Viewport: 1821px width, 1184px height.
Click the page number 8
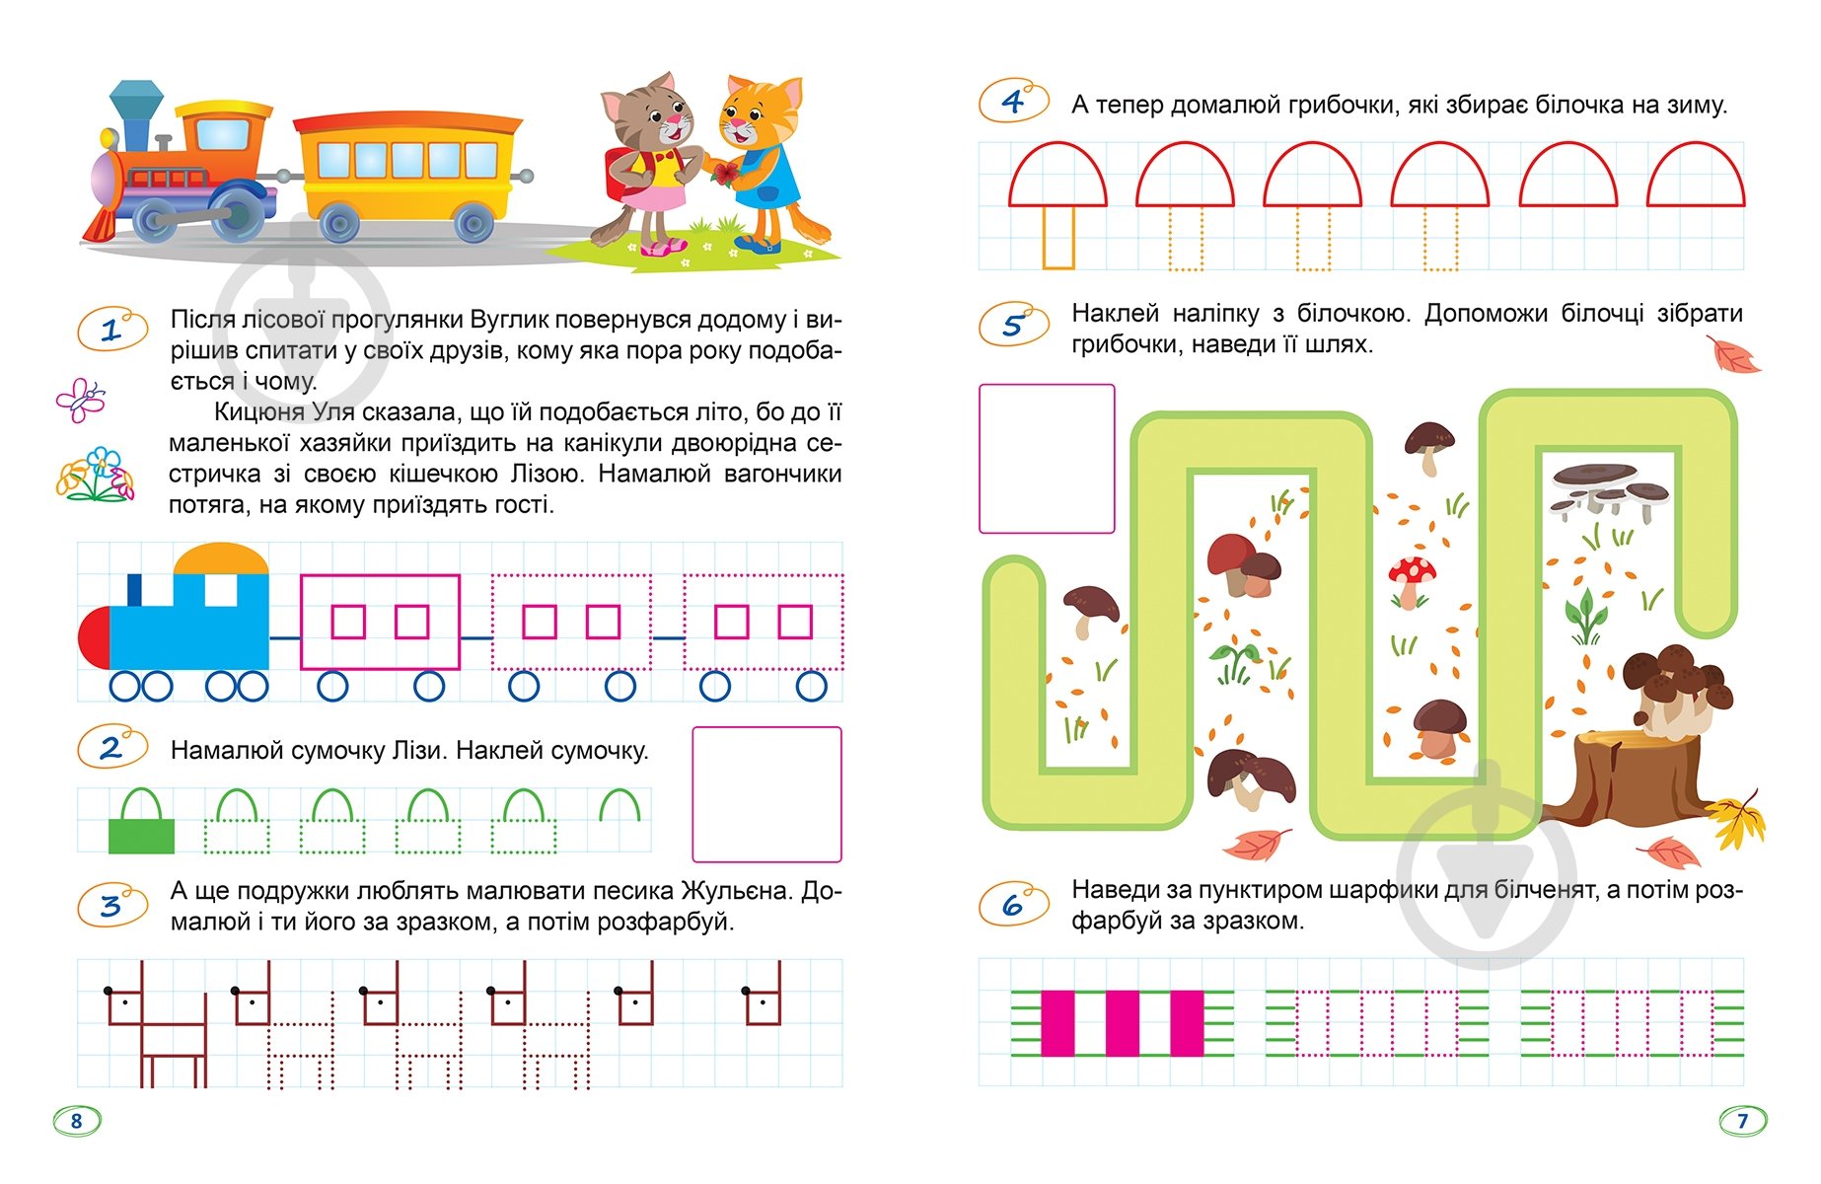pyautogui.click(x=77, y=1121)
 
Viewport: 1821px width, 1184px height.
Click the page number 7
pyautogui.click(x=1742, y=1121)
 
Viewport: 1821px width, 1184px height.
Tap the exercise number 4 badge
pyautogui.click(x=1013, y=102)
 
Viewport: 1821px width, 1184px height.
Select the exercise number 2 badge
pyautogui.click(x=111, y=748)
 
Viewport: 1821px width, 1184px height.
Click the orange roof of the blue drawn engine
pyautogui.click(x=221, y=559)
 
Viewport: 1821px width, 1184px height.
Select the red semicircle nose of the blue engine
pyautogui.click(x=95, y=638)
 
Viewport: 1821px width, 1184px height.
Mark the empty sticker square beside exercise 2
pyautogui.click(x=766, y=794)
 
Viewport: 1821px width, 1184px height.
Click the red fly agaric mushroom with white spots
pyautogui.click(x=1411, y=580)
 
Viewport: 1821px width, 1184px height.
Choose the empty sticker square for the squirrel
pyautogui.click(x=1047, y=459)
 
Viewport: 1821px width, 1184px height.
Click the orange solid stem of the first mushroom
pyautogui.click(x=1058, y=238)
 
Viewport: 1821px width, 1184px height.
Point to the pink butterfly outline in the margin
pyautogui.click(x=81, y=400)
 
